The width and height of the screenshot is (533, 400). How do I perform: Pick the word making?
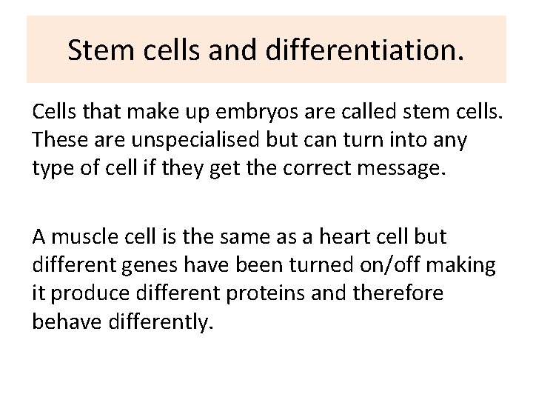(468, 264)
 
